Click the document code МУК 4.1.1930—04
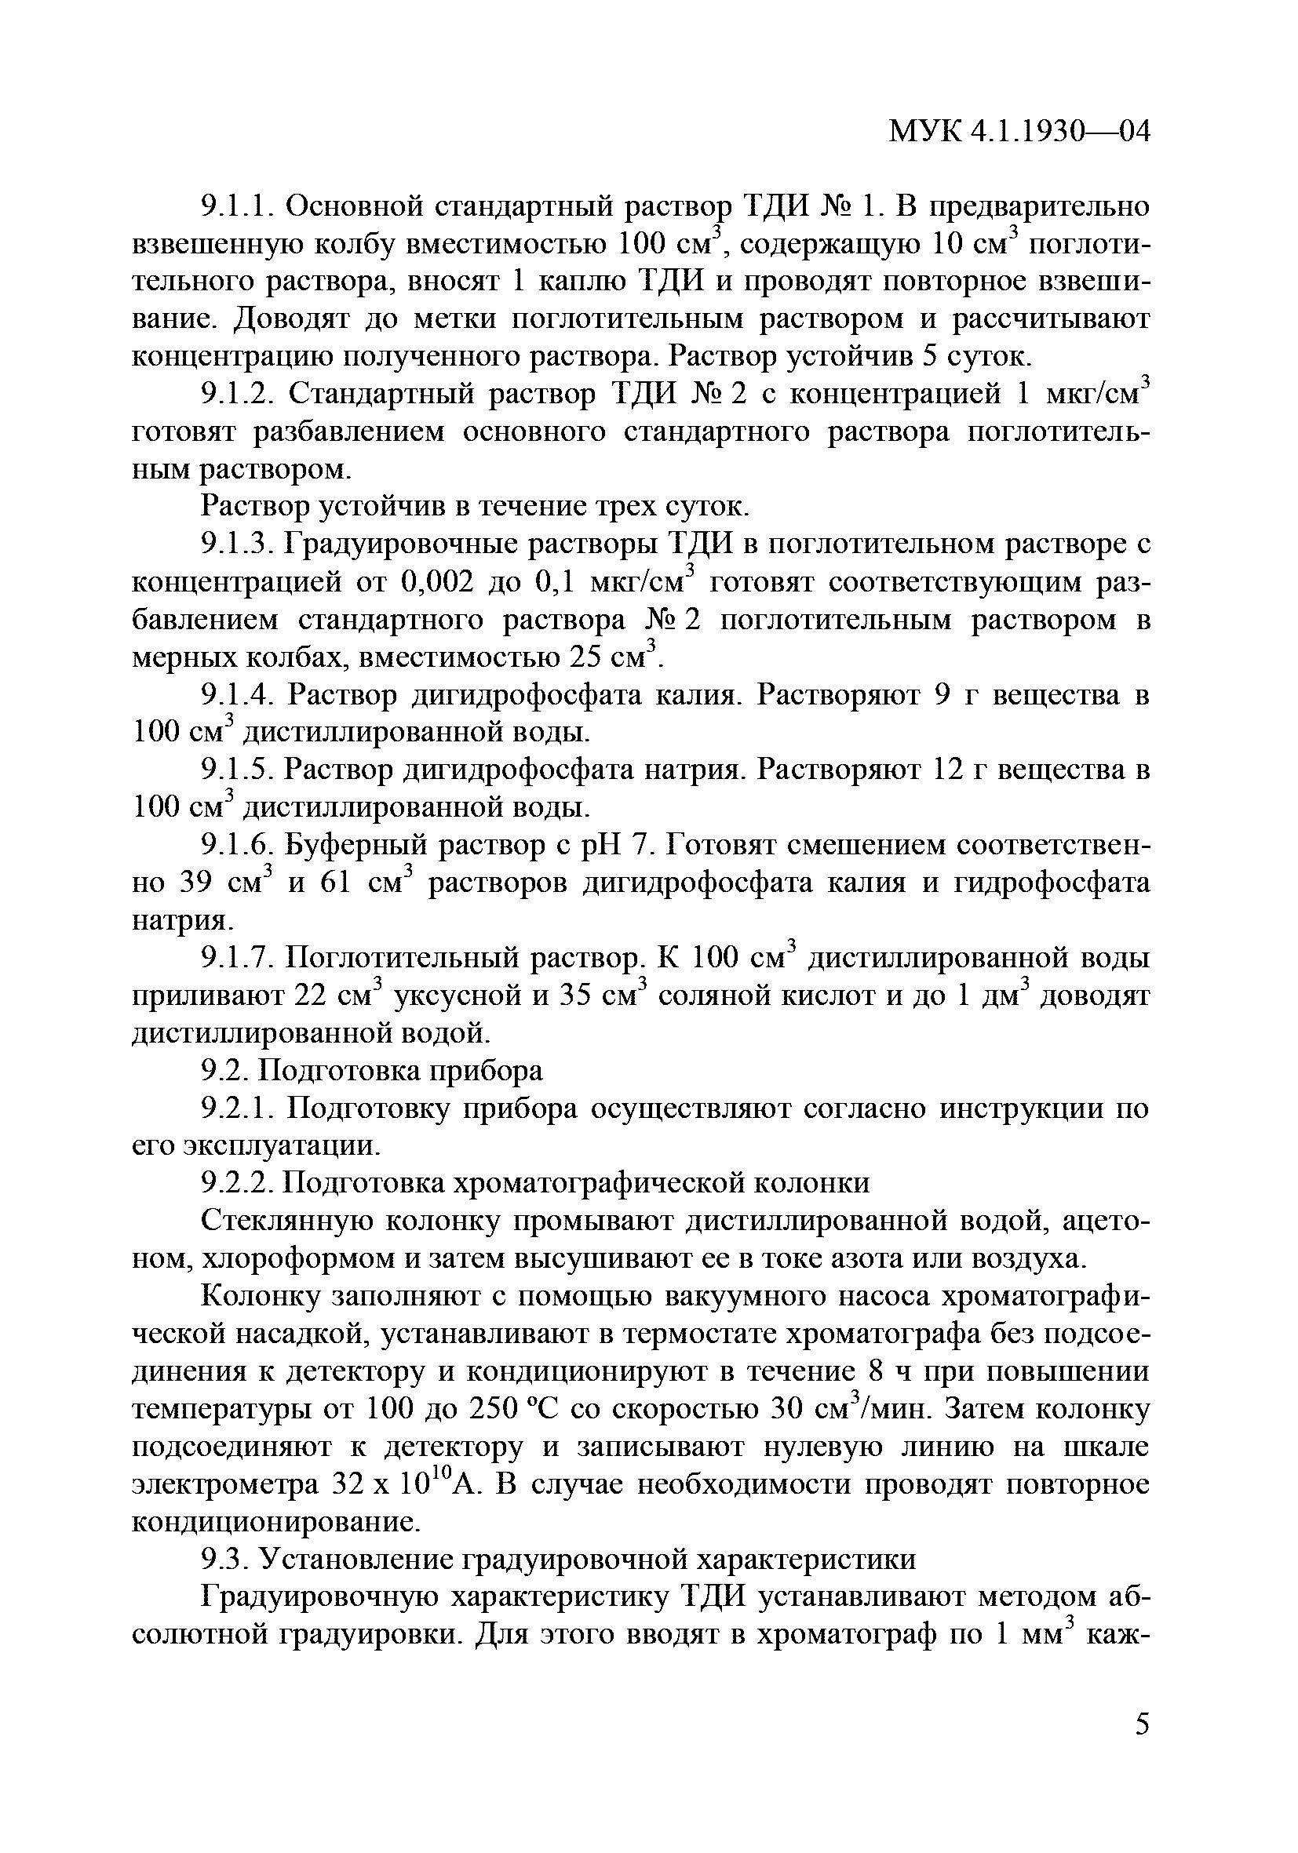click(1019, 133)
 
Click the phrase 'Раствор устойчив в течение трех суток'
click(476, 508)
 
